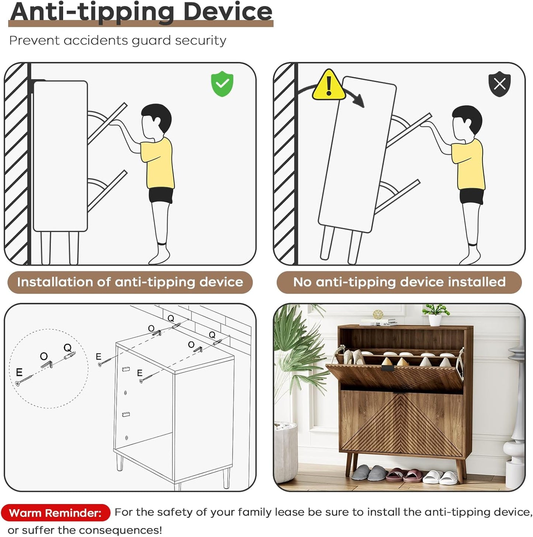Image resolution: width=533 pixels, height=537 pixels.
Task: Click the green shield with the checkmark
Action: point(222,84)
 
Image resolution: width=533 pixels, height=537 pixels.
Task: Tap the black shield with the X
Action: point(499,84)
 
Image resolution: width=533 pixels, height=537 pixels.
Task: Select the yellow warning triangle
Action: point(329,85)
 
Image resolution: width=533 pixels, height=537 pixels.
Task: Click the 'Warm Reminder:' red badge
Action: point(55,512)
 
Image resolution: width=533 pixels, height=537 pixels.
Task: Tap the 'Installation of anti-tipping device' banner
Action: point(130,282)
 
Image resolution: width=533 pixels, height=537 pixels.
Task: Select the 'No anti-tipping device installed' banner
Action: point(399,282)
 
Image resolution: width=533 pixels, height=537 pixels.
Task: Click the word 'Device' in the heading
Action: point(228,12)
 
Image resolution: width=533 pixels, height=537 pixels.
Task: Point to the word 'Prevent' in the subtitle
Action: point(34,41)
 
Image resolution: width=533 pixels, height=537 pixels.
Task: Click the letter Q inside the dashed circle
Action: point(68,348)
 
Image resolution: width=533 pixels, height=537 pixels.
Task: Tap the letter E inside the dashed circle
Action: point(19,372)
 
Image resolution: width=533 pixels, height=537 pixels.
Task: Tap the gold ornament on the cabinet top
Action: point(378,314)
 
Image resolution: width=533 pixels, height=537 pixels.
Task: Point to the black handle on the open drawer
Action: point(388,368)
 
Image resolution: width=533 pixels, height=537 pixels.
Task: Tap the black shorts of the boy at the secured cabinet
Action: point(161,195)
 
